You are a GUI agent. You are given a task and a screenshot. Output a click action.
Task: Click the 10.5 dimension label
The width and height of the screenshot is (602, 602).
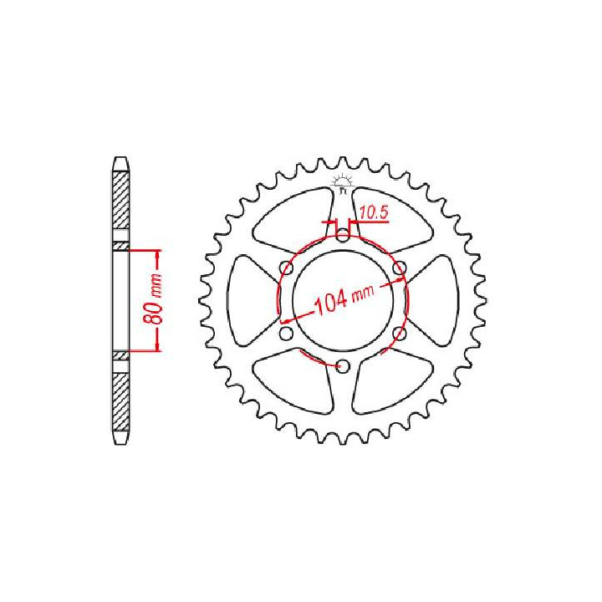375,213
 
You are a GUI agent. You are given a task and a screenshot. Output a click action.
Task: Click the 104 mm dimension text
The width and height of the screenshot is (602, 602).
344,299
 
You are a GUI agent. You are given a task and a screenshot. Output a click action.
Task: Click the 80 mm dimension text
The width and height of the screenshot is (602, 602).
151,299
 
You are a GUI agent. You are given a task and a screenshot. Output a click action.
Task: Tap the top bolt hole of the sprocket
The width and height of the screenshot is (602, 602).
343,235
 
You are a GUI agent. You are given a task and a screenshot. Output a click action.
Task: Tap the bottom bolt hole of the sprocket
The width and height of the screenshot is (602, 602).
343,366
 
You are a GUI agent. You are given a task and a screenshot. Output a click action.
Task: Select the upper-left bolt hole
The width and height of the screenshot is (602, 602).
287,268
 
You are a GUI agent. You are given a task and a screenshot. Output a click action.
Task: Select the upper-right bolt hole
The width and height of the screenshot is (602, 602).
400,268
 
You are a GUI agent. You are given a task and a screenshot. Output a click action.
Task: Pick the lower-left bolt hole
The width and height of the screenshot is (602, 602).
287,334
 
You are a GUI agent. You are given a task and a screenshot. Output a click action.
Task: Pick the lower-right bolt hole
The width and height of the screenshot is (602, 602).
400,334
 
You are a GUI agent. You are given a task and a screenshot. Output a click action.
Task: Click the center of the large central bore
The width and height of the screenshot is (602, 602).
343,301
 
